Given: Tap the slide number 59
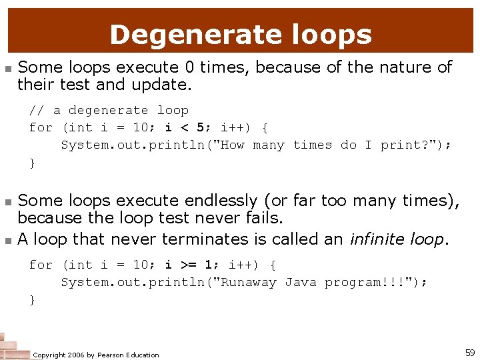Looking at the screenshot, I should click(x=470, y=352).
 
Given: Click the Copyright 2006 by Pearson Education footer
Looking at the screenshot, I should click(x=96, y=355).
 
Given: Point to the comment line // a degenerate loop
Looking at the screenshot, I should click(x=109, y=110).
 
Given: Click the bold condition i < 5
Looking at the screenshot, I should click(x=184, y=127).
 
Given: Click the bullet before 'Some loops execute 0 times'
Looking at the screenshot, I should click(x=7, y=69).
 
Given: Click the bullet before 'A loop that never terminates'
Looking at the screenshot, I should click(x=7, y=240).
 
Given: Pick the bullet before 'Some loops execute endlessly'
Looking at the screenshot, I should click(x=7, y=201).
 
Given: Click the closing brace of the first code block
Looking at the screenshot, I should click(x=32, y=163).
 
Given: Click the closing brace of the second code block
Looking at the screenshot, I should click(x=32, y=300).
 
